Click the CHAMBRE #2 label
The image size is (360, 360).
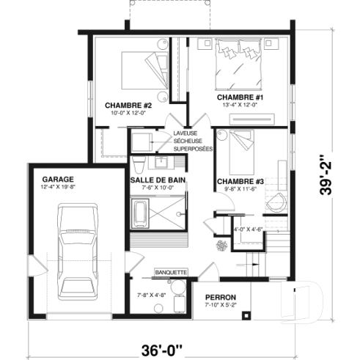pos(122,104)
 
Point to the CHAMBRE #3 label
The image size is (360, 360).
pos(235,181)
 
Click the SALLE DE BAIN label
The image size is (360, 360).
pos(157,179)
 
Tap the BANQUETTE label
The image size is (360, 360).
pos(170,273)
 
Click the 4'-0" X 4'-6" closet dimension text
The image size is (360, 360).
pos(247,229)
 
